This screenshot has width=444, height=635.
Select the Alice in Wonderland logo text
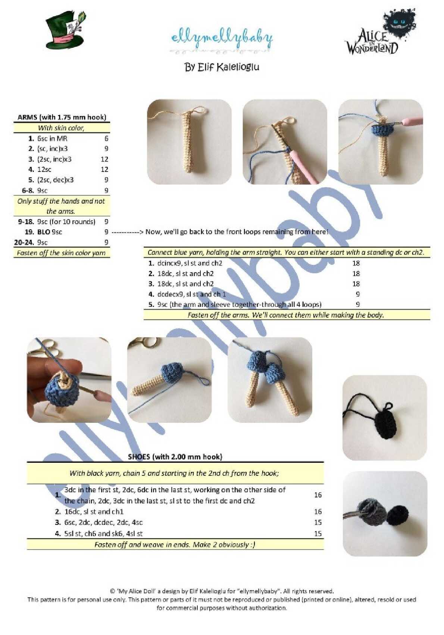[x=372, y=42]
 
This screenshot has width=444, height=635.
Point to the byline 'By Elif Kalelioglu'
[x=222, y=67]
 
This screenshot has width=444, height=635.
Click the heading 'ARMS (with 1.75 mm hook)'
[x=62, y=117]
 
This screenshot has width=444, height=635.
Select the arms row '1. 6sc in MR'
[x=48, y=138]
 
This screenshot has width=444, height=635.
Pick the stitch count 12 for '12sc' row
[x=104, y=170]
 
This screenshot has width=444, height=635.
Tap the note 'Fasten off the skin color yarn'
[x=61, y=253]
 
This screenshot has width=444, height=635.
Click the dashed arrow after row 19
[x=128, y=232]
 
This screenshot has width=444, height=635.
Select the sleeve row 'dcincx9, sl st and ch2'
[x=190, y=263]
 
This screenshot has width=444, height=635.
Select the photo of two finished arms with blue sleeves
[x=270, y=380]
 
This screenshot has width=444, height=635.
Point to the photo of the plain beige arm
[x=189, y=142]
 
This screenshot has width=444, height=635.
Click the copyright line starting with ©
[x=222, y=591]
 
